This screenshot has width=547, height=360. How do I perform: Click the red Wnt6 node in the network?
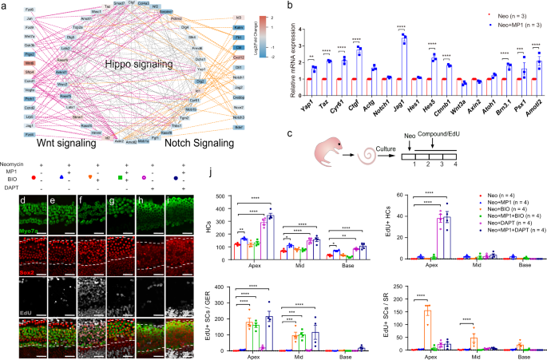(x=29, y=61)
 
